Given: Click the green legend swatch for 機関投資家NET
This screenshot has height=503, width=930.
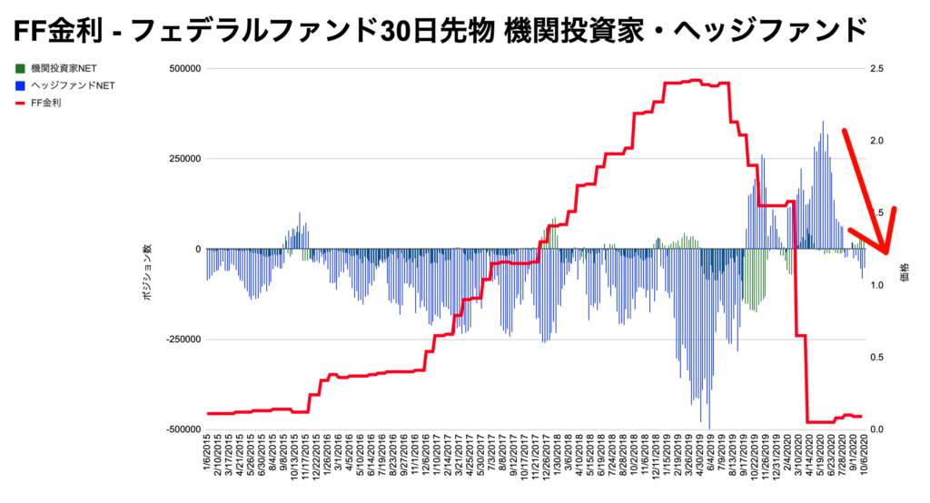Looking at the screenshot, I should point(21,68).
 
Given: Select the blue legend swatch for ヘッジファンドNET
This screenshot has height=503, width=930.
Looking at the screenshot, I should point(21,85).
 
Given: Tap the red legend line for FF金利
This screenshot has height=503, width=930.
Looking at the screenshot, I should point(21,103).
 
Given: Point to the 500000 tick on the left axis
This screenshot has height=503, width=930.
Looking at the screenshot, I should point(183,68).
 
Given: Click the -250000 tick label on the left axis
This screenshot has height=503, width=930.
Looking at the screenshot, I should point(180,339).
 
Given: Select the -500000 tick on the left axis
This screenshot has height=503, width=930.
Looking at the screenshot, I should point(180,429).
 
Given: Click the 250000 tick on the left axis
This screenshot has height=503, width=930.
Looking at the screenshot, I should point(183,159).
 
